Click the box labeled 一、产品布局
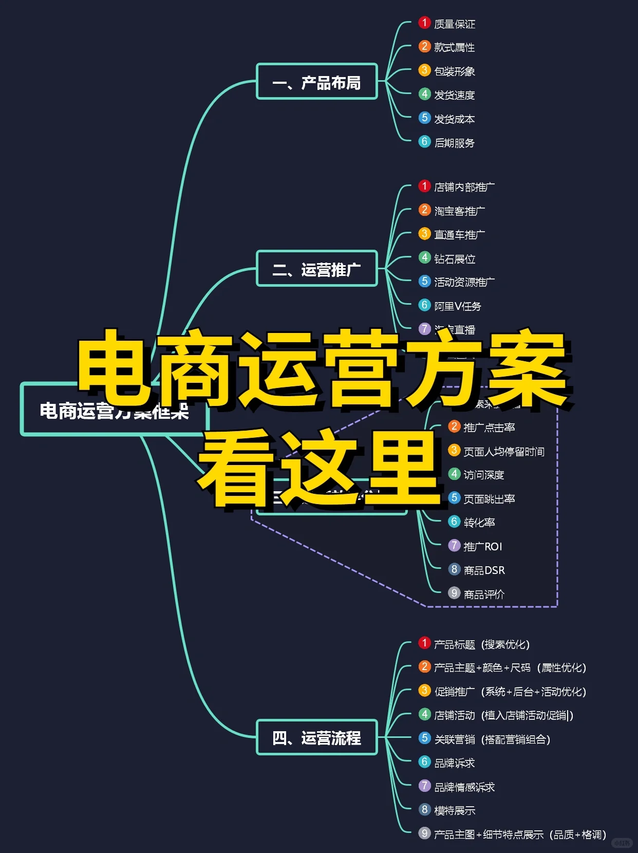[317, 82]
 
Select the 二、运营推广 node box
[317, 269]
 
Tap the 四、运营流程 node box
[317, 737]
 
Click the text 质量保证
[454, 24]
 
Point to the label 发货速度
[454, 95]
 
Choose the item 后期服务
[454, 143]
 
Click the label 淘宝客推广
[459, 211]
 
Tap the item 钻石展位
[454, 259]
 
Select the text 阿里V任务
[457, 306]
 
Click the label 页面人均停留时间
[503, 452]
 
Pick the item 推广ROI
[482, 547]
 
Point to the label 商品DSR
[484, 570]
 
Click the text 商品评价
[484, 595]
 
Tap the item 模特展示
[454, 810]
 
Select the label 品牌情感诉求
[464, 787]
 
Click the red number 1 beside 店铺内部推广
[424, 186]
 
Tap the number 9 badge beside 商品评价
[454, 594]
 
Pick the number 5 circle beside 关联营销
[424, 738]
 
